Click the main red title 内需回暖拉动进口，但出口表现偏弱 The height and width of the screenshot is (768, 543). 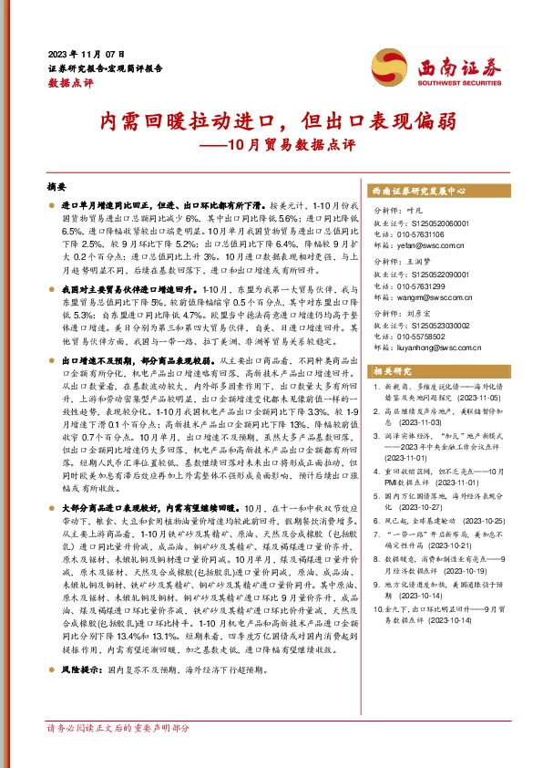tap(271, 120)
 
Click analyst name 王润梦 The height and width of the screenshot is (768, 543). tap(417, 262)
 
